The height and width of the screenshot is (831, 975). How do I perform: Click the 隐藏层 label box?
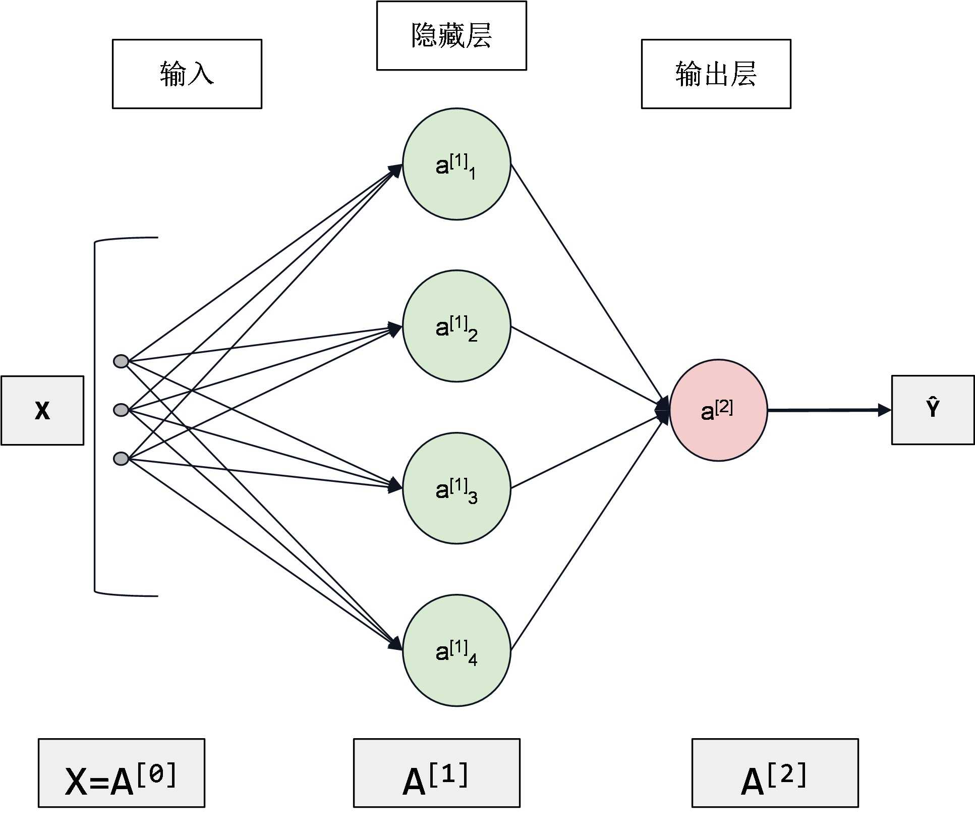(x=451, y=35)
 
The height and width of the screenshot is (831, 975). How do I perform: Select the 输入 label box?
(x=187, y=74)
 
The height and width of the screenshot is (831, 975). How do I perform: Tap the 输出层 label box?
(x=716, y=74)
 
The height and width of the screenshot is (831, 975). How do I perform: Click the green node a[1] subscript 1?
(x=456, y=164)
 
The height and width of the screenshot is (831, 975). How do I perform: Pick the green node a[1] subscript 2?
(x=456, y=326)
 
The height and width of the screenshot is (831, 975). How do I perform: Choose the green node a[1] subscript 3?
(x=456, y=488)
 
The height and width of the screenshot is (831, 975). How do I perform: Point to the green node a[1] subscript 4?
(x=456, y=650)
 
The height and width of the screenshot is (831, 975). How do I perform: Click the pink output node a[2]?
(x=718, y=410)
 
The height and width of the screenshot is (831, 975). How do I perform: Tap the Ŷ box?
(x=933, y=410)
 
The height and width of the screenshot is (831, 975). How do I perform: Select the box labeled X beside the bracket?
(x=42, y=410)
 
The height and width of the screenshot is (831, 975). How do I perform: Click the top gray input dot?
(x=121, y=361)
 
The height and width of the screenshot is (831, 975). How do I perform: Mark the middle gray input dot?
(x=121, y=410)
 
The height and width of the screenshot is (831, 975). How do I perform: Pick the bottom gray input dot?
(x=121, y=458)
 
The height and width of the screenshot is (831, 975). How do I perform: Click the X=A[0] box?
(x=122, y=773)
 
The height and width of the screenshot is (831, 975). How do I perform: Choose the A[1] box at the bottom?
(x=436, y=773)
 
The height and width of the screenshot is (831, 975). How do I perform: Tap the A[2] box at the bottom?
(x=775, y=773)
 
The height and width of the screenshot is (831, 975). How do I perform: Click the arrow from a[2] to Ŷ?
(x=827, y=410)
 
